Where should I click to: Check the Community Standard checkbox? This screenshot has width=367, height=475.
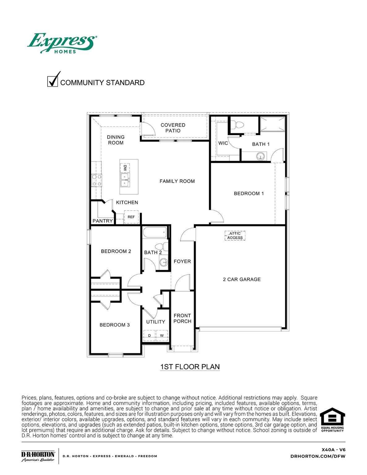pyautogui.click(x=53, y=81)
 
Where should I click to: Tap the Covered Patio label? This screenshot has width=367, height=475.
pyautogui.click(x=173, y=128)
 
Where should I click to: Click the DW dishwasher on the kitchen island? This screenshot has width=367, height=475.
pyautogui.click(x=125, y=168)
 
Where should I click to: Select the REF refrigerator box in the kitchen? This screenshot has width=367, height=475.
pyautogui.click(x=131, y=217)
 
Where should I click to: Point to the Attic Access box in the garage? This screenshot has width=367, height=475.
pyautogui.click(x=235, y=236)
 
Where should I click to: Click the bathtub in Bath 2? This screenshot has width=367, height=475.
pyautogui.click(x=155, y=233)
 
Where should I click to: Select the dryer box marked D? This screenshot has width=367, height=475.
pyautogui.click(x=149, y=336)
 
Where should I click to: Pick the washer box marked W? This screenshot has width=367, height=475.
pyautogui.click(x=162, y=336)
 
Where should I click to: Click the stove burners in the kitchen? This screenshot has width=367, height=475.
pyautogui.click(x=97, y=180)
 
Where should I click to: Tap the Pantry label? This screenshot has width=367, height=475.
pyautogui.click(x=103, y=221)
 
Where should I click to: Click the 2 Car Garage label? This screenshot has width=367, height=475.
pyautogui.click(x=242, y=279)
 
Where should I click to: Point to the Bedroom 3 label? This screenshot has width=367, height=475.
pyautogui.click(x=114, y=325)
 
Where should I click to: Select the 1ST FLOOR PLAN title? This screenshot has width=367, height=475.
pyautogui.click(x=190, y=367)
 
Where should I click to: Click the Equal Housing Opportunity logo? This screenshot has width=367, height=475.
pyautogui.click(x=332, y=420)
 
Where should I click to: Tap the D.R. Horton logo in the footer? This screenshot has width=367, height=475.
pyautogui.click(x=38, y=456)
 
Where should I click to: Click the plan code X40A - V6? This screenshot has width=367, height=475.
pyautogui.click(x=333, y=450)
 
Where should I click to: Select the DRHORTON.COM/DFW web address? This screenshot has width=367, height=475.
pyautogui.click(x=318, y=456)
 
